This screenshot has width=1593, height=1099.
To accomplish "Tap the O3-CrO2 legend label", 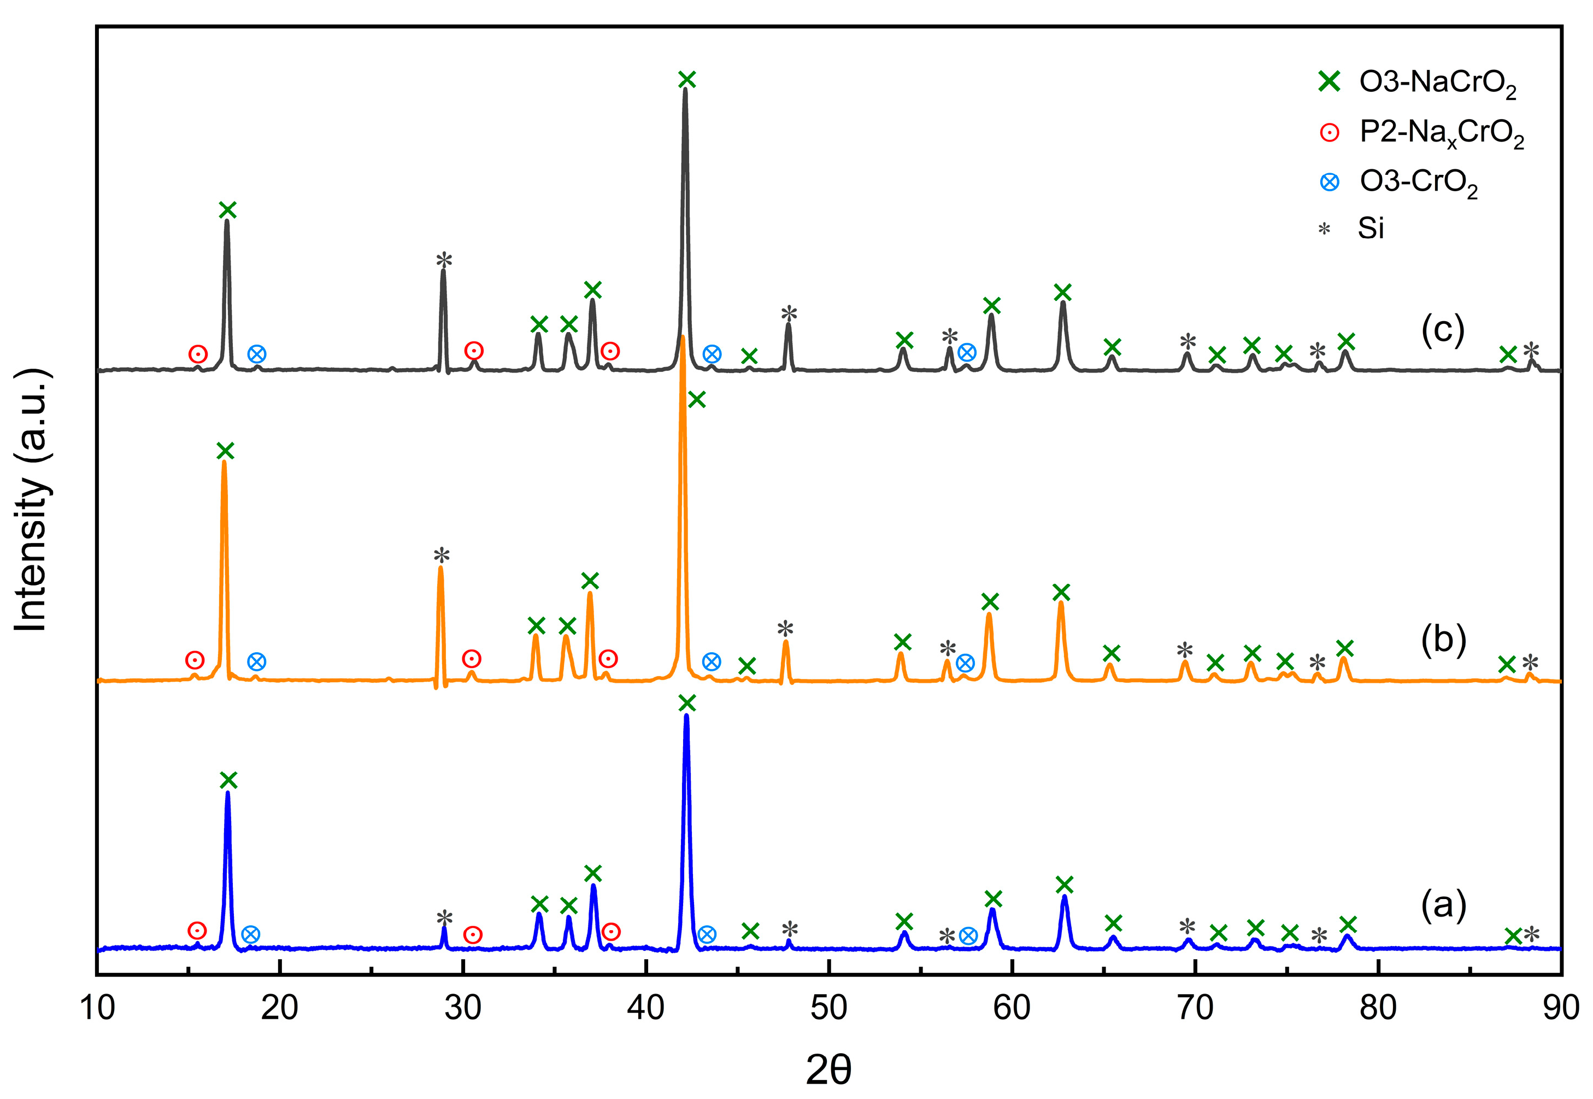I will (x=1418, y=183).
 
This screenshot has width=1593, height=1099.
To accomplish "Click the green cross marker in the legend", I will (x=1329, y=82).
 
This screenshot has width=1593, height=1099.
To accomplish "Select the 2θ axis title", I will (x=828, y=1070).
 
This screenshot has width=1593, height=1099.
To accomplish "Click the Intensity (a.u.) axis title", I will (x=31, y=500).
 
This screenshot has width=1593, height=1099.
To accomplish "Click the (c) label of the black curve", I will (x=1442, y=330).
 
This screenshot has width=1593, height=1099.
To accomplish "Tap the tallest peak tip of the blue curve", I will (x=686, y=716).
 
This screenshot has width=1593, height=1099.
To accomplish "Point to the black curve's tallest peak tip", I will (x=685, y=90).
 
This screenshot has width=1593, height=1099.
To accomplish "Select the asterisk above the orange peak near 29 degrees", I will (x=442, y=556).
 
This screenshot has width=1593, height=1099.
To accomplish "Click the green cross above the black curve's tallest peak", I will (x=686, y=80).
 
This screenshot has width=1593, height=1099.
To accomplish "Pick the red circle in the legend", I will (x=1329, y=132).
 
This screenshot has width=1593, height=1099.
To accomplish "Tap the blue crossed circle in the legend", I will (x=1329, y=182).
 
